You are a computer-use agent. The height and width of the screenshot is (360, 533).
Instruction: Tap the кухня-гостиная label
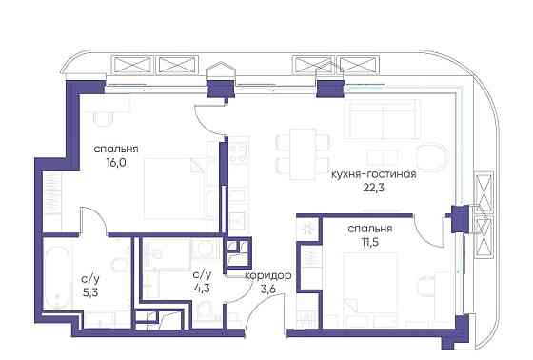[372, 175]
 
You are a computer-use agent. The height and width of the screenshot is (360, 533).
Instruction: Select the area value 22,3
[372, 189]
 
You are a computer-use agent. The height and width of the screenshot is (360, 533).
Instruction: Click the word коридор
[267, 276]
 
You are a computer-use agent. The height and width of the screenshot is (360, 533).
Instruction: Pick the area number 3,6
[267, 290]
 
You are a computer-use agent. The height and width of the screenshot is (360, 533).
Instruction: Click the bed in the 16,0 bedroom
[176, 190]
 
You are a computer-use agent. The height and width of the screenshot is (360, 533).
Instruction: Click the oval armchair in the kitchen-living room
[433, 159]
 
